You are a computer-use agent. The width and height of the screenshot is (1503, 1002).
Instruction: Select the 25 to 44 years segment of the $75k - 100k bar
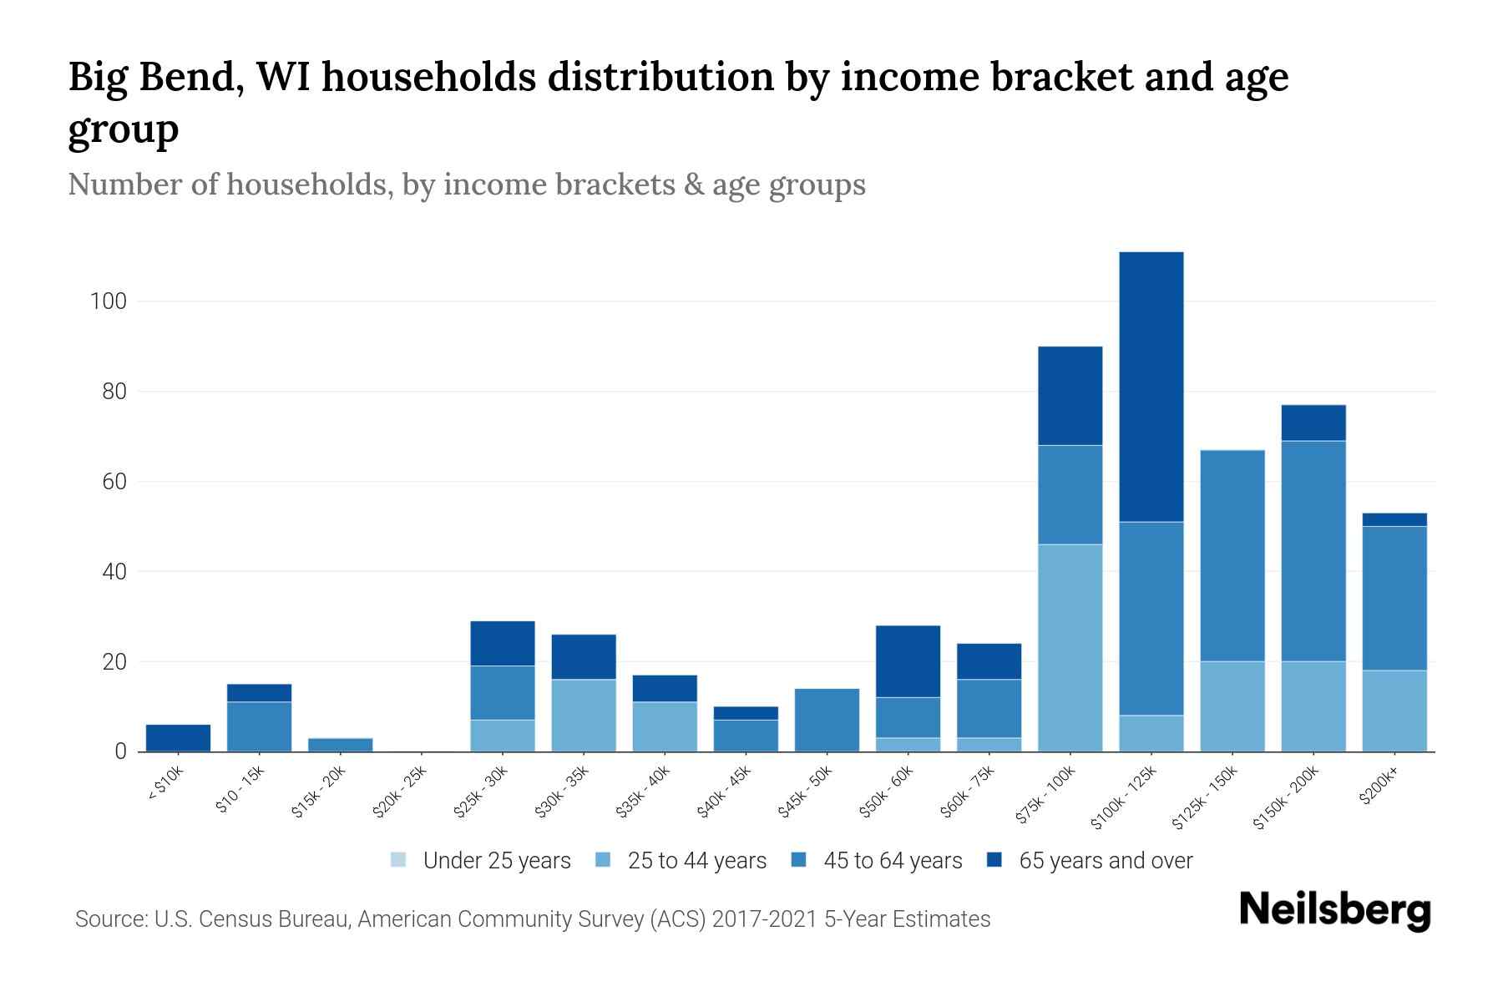tap(1070, 647)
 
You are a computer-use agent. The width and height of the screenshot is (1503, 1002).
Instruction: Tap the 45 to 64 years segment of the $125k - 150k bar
tap(1232, 555)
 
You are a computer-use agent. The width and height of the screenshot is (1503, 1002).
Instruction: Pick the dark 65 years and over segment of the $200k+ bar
tap(1394, 519)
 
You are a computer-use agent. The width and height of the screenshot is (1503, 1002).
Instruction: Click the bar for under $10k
tap(178, 737)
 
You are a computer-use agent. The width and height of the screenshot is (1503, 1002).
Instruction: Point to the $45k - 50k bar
tap(827, 720)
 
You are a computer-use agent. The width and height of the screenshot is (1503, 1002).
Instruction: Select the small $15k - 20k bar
tap(341, 745)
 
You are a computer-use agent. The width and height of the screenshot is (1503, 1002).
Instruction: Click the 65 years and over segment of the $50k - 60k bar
tap(908, 660)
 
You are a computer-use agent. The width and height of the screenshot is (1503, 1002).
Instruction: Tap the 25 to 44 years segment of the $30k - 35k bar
tap(584, 715)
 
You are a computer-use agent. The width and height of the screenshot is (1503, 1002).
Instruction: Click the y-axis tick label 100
tap(108, 301)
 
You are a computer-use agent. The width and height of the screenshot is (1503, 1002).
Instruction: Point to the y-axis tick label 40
tap(114, 572)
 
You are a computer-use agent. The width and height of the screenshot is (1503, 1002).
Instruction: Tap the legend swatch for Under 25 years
tap(399, 860)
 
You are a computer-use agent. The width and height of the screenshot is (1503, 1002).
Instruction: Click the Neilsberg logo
tap(1334, 910)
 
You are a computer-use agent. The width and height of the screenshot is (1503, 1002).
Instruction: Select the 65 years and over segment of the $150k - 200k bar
tap(1313, 423)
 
